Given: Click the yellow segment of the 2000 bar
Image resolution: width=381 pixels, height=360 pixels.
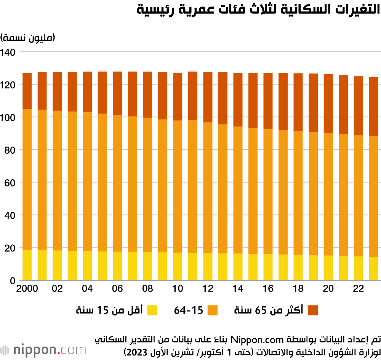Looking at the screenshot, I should (27, 265).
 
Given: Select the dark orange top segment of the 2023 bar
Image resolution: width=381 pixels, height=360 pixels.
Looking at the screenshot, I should (373, 107).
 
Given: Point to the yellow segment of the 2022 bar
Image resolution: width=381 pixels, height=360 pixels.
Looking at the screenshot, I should (359, 268).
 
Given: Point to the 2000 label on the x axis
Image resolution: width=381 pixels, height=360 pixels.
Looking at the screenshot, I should (27, 289).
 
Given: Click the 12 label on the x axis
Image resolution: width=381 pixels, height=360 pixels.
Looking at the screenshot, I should (208, 289).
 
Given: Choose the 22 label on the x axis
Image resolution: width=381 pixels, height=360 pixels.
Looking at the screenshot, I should (359, 289).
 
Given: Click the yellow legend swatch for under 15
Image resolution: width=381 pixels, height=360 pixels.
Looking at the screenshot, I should (152, 311).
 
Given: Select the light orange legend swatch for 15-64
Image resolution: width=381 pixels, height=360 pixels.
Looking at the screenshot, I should (212, 311).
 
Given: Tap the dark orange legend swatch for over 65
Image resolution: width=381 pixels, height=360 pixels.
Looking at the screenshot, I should (312, 311).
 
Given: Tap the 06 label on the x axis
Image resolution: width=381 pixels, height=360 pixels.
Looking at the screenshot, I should (117, 289).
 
